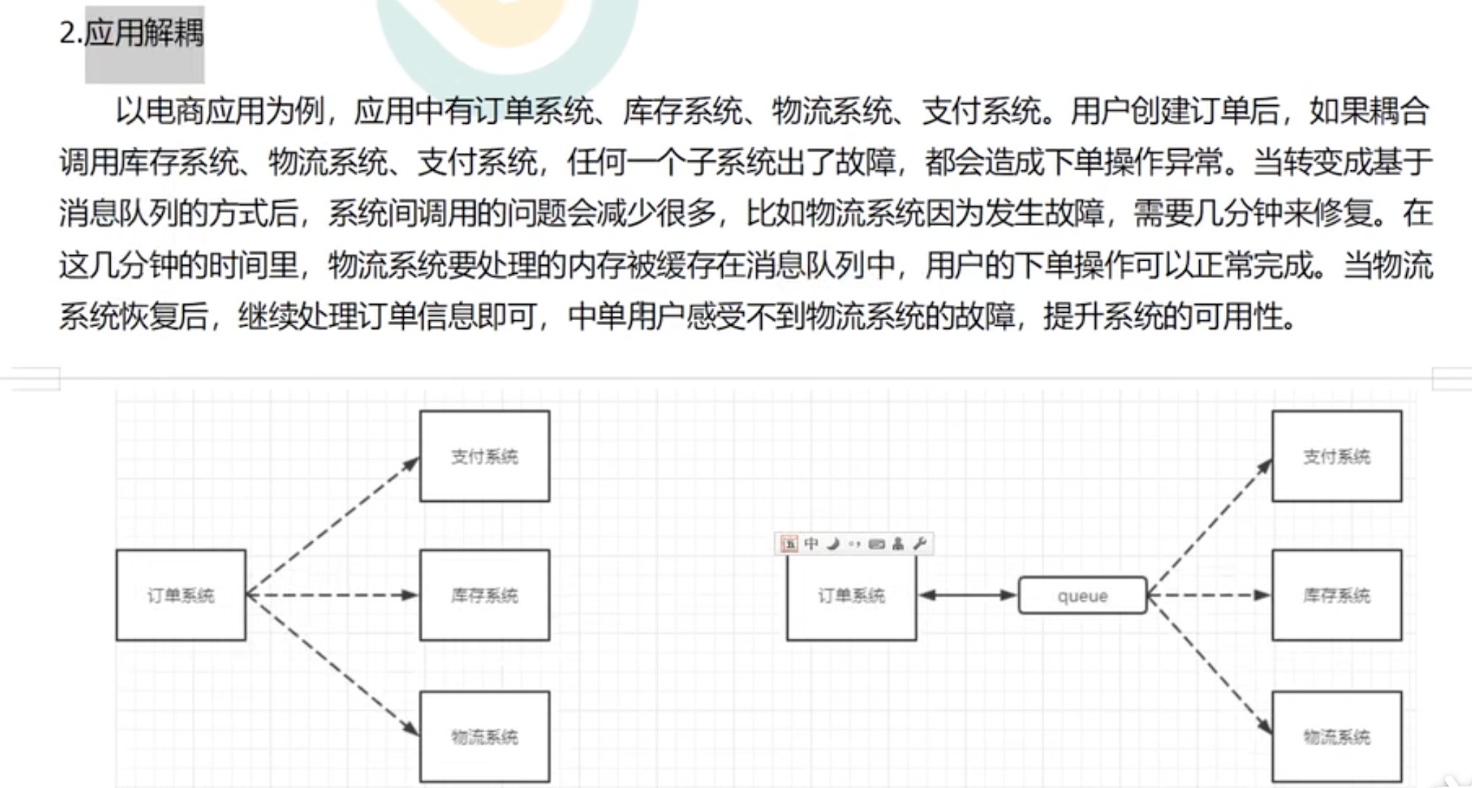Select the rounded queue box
[1082, 595]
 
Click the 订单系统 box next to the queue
[851, 595]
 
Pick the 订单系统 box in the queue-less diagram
[180, 595]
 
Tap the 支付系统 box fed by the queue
[1336, 456]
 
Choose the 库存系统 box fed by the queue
[1336, 595]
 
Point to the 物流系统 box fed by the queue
[1336, 737]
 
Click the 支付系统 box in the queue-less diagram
[484, 456]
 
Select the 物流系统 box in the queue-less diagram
[484, 737]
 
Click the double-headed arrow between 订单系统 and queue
[967, 595]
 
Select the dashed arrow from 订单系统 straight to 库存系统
[333, 595]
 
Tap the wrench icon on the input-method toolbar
[920, 543]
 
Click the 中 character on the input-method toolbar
[811, 543]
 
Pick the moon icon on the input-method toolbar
[833, 543]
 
